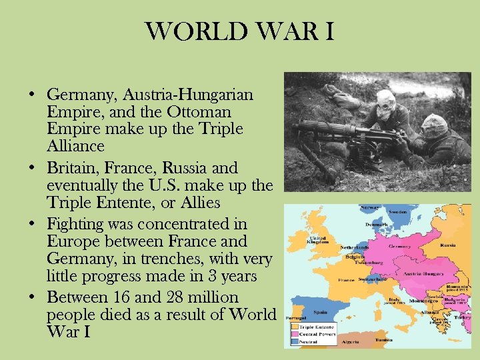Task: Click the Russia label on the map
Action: click(x=449, y=244)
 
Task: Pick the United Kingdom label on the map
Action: click(x=319, y=241)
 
